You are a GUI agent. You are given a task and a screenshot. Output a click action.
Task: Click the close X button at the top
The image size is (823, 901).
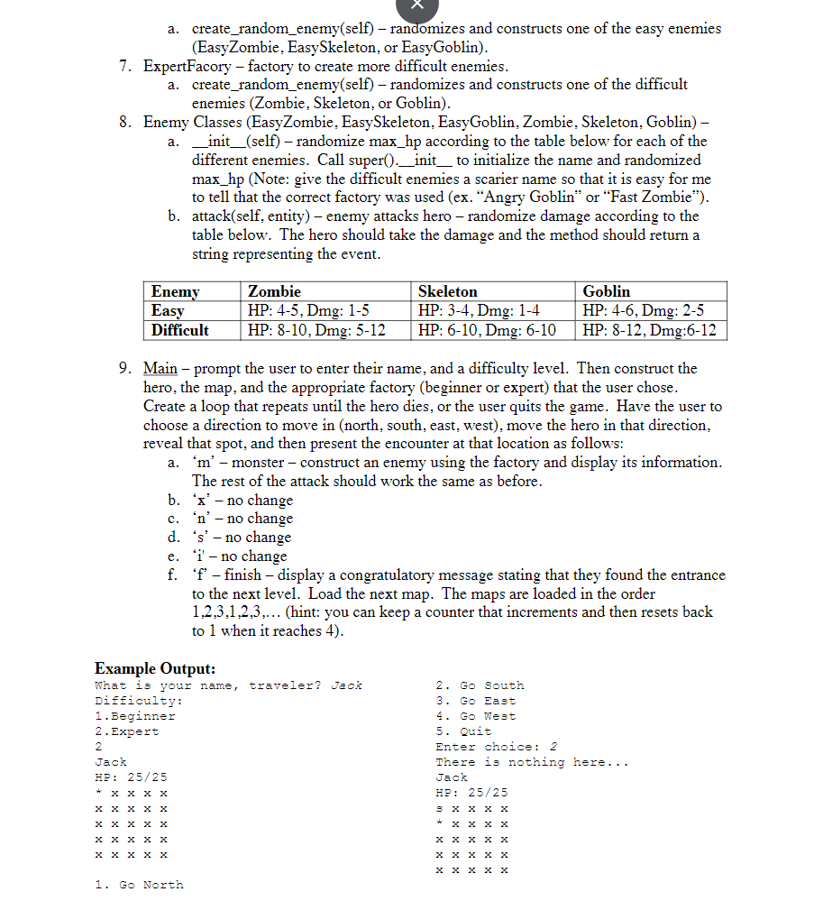pos(416,5)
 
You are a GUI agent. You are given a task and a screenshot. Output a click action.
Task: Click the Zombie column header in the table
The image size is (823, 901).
pos(274,291)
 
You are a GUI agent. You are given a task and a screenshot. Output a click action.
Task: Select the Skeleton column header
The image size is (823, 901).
pos(447,291)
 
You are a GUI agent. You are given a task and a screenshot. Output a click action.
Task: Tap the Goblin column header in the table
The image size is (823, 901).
pos(606,291)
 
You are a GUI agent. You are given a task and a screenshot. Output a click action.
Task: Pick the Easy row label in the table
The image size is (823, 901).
pos(168,310)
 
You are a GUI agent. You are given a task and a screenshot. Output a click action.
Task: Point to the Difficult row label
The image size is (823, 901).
pos(179,330)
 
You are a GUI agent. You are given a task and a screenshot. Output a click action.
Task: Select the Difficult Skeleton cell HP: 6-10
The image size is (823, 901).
pos(488,330)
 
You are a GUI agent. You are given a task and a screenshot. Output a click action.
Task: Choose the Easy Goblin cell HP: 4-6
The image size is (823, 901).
pos(644,310)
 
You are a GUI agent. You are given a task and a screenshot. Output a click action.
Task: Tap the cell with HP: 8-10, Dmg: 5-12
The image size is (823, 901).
pos(316,330)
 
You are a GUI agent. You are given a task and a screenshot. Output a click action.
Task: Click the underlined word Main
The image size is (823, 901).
pos(161,368)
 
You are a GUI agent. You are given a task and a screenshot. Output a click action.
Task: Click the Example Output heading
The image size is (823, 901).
pos(155,668)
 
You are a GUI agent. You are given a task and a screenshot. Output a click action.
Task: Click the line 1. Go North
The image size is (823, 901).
pos(139,885)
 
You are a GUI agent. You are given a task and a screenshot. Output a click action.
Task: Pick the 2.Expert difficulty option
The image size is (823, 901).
pos(126,731)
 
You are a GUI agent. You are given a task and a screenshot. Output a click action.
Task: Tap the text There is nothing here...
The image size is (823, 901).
pos(532,762)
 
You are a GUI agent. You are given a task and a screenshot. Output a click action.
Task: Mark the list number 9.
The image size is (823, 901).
pos(125,368)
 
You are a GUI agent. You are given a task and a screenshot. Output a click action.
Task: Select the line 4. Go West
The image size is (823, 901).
pos(475,716)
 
